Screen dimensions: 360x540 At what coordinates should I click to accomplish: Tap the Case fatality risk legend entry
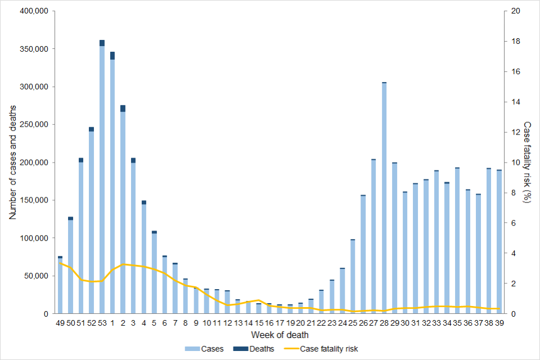(x=326, y=349)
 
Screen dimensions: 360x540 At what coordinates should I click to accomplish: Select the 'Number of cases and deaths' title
(x=13, y=162)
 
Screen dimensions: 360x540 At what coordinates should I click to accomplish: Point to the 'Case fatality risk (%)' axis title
(x=527, y=162)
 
